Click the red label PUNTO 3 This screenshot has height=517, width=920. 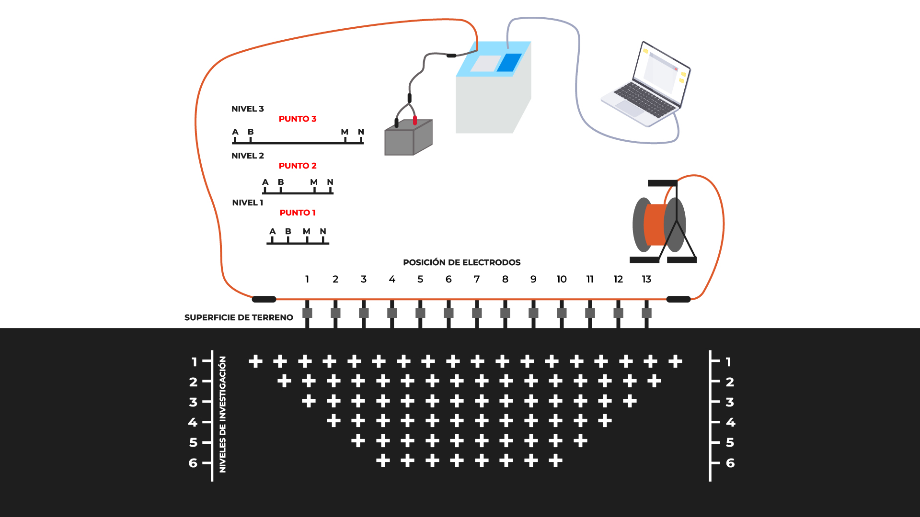[x=298, y=119]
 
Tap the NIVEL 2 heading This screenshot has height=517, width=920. [x=248, y=156]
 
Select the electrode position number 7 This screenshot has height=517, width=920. [x=477, y=279]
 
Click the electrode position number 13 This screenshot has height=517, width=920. [x=646, y=279]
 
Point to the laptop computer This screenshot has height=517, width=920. [x=645, y=85]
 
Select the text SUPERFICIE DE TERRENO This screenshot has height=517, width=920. [x=239, y=317]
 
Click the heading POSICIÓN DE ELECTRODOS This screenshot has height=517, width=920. [x=461, y=262]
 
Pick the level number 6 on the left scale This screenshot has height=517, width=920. [x=193, y=463]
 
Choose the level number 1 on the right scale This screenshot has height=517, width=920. [x=728, y=362]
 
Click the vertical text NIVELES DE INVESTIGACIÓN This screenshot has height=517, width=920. [x=222, y=415]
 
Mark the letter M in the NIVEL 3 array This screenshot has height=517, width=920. [x=345, y=132]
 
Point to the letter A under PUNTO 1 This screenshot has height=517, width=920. [x=273, y=231]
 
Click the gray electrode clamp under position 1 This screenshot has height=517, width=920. [x=307, y=313]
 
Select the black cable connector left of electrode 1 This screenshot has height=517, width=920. [x=264, y=299]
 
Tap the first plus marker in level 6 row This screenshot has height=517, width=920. [x=383, y=461]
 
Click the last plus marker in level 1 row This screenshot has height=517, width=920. [x=675, y=361]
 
